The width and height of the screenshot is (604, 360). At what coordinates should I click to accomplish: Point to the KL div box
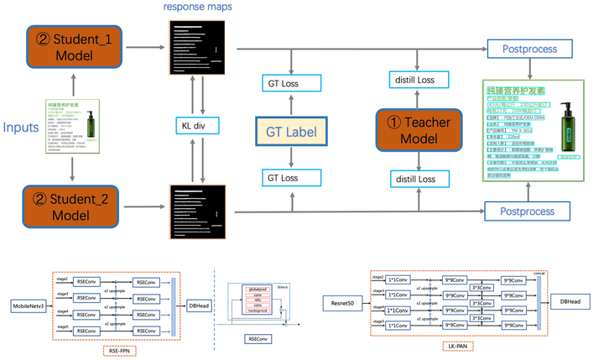click(x=194, y=127)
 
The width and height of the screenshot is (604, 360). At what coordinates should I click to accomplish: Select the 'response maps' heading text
click(x=197, y=8)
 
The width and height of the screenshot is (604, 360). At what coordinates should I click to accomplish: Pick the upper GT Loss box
click(x=290, y=82)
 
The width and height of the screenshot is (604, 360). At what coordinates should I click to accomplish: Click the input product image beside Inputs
click(x=73, y=128)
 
